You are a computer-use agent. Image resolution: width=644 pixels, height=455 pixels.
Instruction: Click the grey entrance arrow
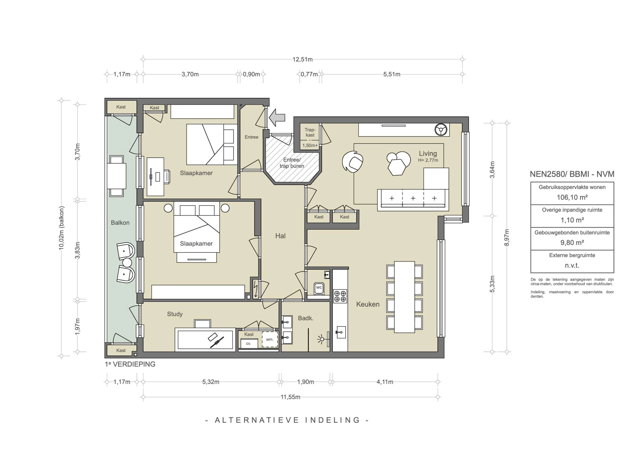[x=277, y=117]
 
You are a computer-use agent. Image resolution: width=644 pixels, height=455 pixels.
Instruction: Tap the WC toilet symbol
[x=319, y=289]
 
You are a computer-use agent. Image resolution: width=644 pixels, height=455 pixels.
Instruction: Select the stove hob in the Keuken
[x=340, y=296]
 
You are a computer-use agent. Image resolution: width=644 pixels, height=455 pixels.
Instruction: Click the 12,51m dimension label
[x=302, y=59]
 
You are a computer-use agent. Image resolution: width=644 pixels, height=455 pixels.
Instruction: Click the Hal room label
[x=280, y=236]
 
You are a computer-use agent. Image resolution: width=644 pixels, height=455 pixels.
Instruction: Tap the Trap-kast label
[x=310, y=132]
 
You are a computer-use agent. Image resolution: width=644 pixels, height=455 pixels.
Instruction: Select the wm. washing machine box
[x=269, y=340]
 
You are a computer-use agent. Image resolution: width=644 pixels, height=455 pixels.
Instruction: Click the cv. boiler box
[x=249, y=344]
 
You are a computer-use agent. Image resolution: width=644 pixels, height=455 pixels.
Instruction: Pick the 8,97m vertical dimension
[x=507, y=238]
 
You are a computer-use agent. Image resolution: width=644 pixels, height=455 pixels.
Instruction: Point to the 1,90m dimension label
[x=305, y=382]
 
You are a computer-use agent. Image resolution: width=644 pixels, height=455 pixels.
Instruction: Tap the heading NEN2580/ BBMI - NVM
[x=572, y=174]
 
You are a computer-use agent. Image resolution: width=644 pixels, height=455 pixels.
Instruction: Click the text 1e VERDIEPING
[x=130, y=364]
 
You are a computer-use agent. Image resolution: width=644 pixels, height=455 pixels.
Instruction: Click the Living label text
[x=428, y=154]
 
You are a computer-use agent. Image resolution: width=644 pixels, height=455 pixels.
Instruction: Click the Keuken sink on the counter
[x=341, y=333]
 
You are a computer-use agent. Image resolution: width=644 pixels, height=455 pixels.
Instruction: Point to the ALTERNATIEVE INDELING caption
[x=287, y=420]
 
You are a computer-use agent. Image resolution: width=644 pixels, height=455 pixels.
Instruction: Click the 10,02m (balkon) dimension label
[x=61, y=228]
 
